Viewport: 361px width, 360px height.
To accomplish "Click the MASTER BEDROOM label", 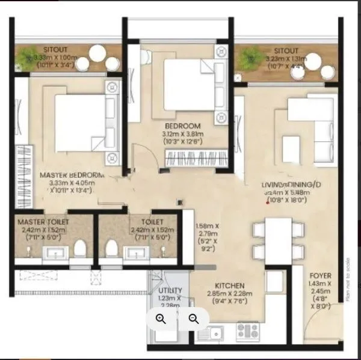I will (72, 175).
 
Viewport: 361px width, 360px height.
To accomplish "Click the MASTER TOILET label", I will (43, 222).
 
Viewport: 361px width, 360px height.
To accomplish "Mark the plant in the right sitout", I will (248, 58).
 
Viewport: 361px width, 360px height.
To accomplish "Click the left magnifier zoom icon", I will (161, 319).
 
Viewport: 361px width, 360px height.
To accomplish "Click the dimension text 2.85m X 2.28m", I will (230, 293).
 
